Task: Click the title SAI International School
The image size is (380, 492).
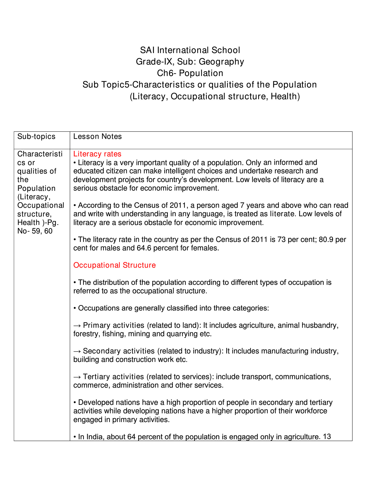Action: point(190,50)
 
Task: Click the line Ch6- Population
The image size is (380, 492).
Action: point(190,73)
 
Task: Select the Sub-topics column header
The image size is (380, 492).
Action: point(36,136)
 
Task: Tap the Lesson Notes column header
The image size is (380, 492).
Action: point(98,136)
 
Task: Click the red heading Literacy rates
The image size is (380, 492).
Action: point(97,154)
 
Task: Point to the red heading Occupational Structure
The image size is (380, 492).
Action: point(115,265)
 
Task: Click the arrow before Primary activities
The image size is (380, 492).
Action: point(77,325)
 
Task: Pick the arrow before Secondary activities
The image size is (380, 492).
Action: point(77,351)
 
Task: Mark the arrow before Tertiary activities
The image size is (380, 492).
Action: point(77,377)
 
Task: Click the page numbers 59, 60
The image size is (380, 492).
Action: point(42,231)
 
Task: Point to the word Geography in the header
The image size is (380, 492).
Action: point(221,62)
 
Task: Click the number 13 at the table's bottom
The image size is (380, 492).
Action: point(327,437)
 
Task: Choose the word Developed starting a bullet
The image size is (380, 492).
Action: point(96,402)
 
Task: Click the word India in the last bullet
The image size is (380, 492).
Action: point(94,437)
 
